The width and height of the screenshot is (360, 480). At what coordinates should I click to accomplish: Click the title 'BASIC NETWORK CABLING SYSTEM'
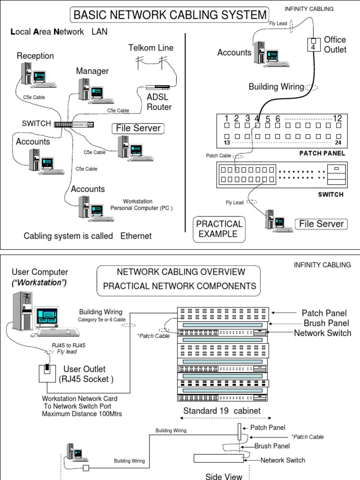[170, 15]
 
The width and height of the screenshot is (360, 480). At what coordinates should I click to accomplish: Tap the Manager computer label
[92, 71]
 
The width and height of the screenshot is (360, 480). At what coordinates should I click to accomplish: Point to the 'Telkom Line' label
[151, 48]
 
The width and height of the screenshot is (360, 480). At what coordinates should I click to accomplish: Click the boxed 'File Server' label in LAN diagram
[138, 128]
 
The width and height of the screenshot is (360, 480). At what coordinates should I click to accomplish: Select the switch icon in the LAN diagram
[74, 124]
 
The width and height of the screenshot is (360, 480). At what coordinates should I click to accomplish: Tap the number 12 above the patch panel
[337, 119]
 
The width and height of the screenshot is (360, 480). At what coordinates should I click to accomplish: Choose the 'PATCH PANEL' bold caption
[322, 153]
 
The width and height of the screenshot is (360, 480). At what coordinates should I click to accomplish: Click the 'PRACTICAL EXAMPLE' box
[219, 229]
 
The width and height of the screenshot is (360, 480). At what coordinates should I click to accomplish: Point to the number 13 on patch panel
[227, 142]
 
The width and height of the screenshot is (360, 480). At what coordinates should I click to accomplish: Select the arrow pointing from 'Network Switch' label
[280, 333]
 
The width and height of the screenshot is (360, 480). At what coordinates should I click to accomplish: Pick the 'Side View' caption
[224, 476]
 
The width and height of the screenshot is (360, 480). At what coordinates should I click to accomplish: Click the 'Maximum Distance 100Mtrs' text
[77, 413]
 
